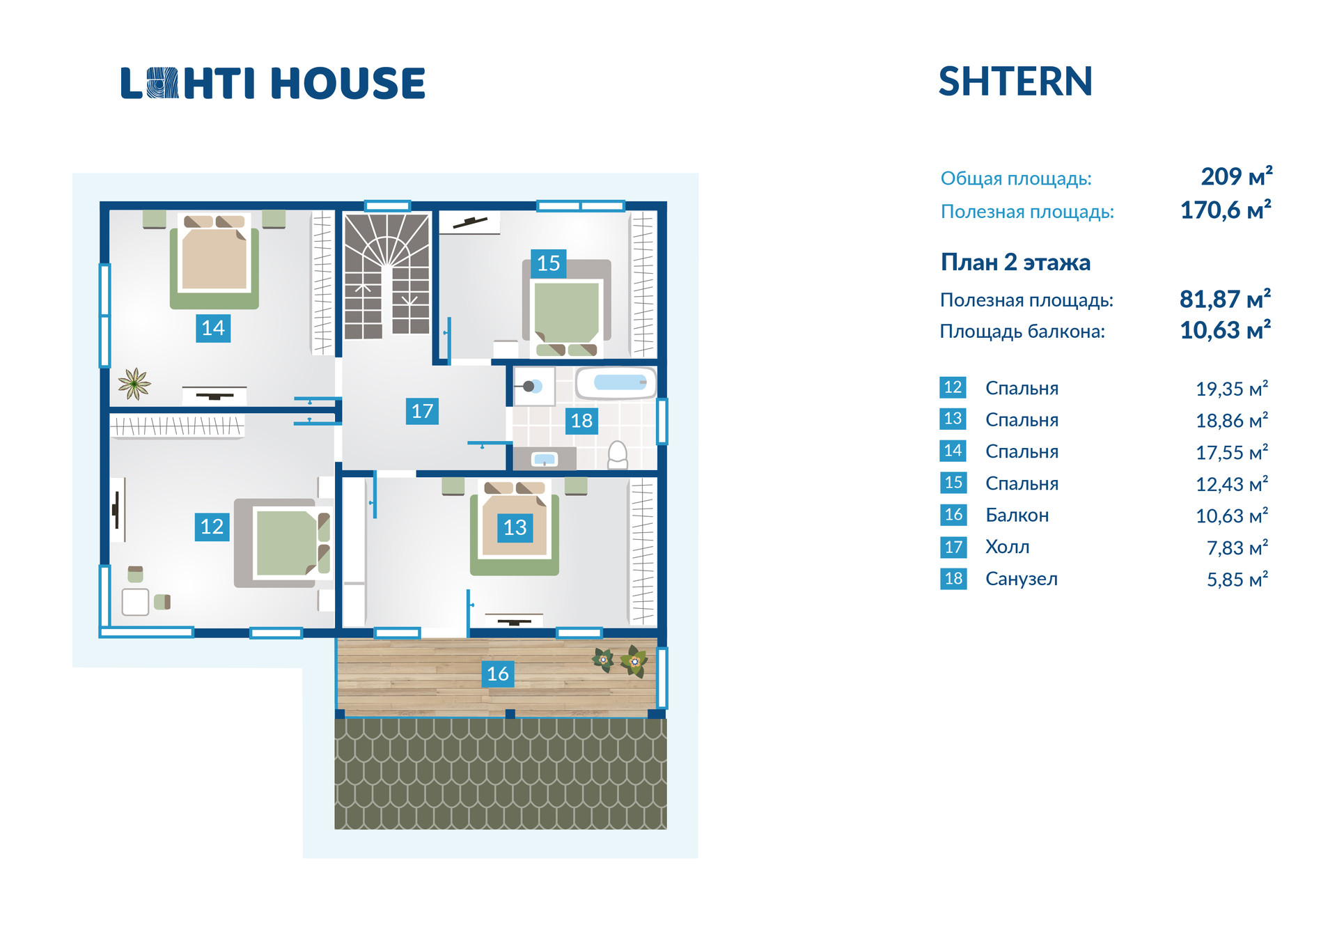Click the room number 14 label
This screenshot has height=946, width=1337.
(x=213, y=328)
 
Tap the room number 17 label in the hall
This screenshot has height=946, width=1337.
(x=422, y=411)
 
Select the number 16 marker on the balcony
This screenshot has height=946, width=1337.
(x=498, y=674)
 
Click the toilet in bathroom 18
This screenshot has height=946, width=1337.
(x=618, y=455)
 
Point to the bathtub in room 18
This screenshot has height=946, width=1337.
(x=616, y=383)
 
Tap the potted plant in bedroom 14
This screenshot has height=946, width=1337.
(x=134, y=383)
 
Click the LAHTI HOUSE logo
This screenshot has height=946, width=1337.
(x=273, y=84)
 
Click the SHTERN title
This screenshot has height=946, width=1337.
(x=1015, y=82)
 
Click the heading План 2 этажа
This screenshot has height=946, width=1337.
(x=1015, y=263)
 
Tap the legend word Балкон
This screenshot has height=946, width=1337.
(x=1017, y=515)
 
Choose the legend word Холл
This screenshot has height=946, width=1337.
(x=1007, y=548)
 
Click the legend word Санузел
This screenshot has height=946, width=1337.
(x=1021, y=579)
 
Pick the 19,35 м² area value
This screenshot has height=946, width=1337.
(x=1232, y=389)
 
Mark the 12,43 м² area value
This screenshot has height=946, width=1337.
(x=1232, y=484)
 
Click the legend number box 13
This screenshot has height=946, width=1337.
(x=953, y=419)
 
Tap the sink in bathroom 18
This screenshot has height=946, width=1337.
(x=544, y=459)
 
